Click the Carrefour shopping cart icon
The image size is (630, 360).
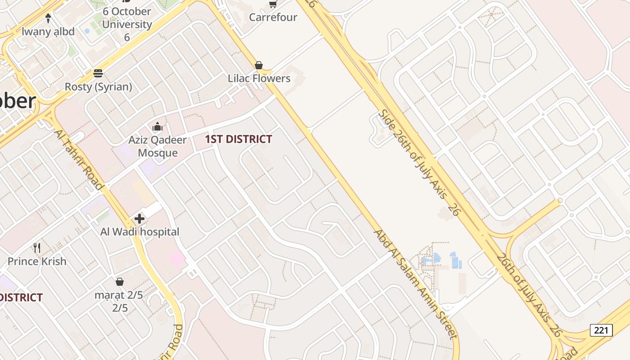pyautogui.click(x=273, y=4)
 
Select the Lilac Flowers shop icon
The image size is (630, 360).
pyautogui.click(x=259, y=66)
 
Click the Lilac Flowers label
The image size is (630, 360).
pyautogui.click(x=259, y=78)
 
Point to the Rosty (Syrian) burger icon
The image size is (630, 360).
pyautogui.click(x=98, y=73)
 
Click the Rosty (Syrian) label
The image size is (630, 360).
pyautogui.click(x=98, y=86)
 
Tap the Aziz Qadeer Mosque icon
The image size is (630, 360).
pyautogui.click(x=157, y=127)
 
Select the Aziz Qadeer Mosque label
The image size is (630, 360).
pyautogui.click(x=157, y=146)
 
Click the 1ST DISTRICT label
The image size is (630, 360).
pyautogui.click(x=238, y=139)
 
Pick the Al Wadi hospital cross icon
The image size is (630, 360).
pyautogui.click(x=139, y=219)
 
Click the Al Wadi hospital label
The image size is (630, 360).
pyautogui.click(x=139, y=232)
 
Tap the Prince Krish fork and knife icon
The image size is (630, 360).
pyautogui.click(x=37, y=248)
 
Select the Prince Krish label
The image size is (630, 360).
pyautogui.click(x=37, y=261)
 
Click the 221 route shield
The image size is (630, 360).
pyautogui.click(x=601, y=330)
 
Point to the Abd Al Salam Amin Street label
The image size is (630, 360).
pyautogui.click(x=416, y=284)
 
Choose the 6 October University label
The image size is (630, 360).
pyautogui.click(x=126, y=24)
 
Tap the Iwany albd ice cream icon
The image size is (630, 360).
pyautogui.click(x=48, y=19)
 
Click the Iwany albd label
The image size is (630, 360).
pyautogui.click(x=48, y=32)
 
